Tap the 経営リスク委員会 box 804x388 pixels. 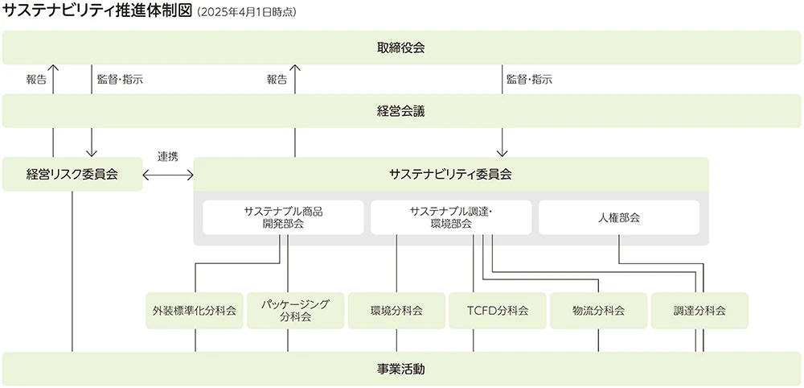[x=72, y=174]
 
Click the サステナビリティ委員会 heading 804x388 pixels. [x=450, y=174]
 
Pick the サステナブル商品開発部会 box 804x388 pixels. [x=283, y=217]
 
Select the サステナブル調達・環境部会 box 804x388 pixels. [x=451, y=217]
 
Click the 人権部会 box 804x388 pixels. [x=619, y=217]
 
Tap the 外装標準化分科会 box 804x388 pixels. [x=195, y=311]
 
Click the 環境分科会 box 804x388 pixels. [x=396, y=311]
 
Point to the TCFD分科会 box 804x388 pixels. [x=498, y=311]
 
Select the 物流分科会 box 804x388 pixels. [x=598, y=311]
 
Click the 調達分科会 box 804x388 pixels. [x=699, y=311]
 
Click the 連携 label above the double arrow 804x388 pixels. [x=168, y=156]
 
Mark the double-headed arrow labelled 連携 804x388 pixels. [x=168, y=174]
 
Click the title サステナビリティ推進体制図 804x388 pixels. [x=97, y=12]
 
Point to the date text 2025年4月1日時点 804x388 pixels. [x=246, y=13]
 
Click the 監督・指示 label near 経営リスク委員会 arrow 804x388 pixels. [x=120, y=80]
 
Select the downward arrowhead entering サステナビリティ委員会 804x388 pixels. [x=503, y=152]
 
